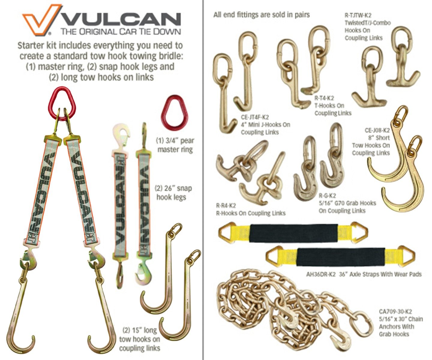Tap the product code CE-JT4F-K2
pyautogui.click(x=255, y=117)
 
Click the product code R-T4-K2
pyautogui.click(x=324, y=98)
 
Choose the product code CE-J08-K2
pyautogui.click(x=377, y=130)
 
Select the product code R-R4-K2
pyautogui.click(x=226, y=205)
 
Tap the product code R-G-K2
pyautogui.click(x=327, y=196)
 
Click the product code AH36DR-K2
pyautogui.click(x=321, y=274)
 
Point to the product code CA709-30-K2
pyautogui.click(x=395, y=317)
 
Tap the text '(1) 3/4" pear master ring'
pyautogui.click(x=175, y=145)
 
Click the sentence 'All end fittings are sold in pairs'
pyautogui.click(x=262, y=15)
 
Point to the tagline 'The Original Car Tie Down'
pyautogui.click(x=121, y=32)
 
